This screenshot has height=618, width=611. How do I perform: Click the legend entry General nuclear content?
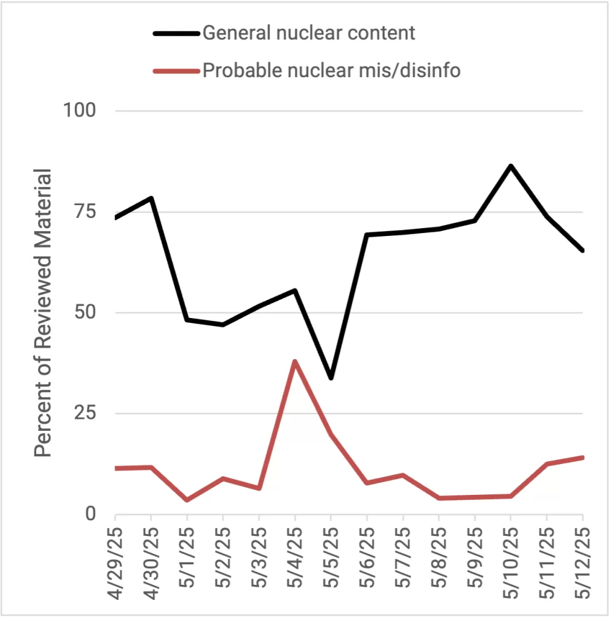(x=308, y=33)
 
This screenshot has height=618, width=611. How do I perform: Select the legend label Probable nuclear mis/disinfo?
(x=331, y=71)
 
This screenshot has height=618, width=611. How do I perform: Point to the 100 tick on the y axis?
(x=80, y=111)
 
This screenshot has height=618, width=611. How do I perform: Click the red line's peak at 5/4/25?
(x=295, y=361)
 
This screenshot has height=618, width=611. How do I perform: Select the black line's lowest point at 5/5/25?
(x=331, y=378)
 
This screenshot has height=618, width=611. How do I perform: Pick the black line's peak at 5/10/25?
(x=511, y=165)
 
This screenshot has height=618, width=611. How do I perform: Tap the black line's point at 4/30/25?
(x=151, y=198)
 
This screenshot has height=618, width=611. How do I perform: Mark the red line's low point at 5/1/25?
(x=187, y=500)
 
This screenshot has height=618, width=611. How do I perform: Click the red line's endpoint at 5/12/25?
(x=582, y=457)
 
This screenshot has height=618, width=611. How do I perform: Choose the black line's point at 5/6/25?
(x=367, y=235)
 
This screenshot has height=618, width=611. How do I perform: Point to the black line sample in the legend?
(x=176, y=33)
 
